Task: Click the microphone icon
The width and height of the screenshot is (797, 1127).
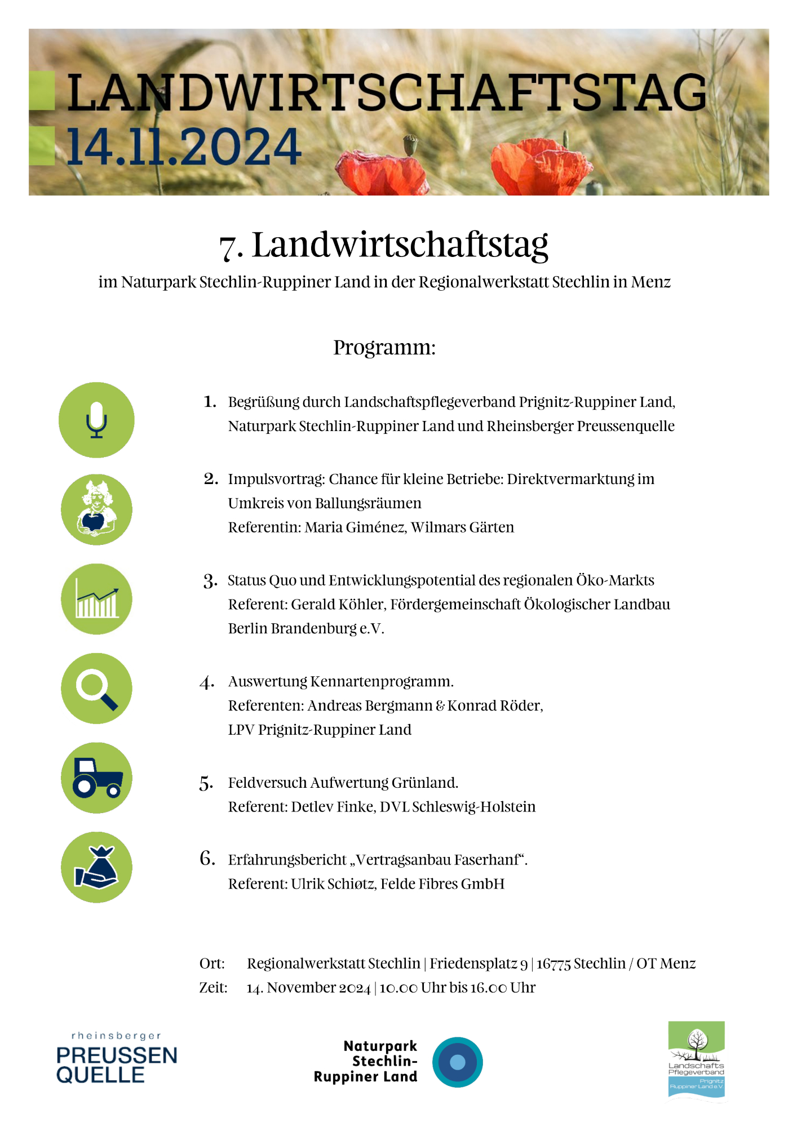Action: [x=96, y=420]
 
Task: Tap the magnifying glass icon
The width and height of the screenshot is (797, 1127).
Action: [x=96, y=689]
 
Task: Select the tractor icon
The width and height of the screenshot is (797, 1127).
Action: [x=96, y=778]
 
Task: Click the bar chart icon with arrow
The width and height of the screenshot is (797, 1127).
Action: [x=96, y=599]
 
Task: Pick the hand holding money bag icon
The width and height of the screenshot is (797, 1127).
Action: [x=96, y=867]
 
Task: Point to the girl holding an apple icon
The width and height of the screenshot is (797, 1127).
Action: [x=96, y=509]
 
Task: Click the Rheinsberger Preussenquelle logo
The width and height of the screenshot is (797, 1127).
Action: [x=117, y=1060]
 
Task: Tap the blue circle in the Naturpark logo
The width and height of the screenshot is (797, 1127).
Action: [x=457, y=1062]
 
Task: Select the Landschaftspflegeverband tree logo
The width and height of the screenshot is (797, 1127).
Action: [x=696, y=1059]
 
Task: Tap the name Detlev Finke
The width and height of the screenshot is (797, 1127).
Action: [x=333, y=807]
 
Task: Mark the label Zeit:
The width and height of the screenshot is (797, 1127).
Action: [x=213, y=988]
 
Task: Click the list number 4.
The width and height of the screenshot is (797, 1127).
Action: [x=207, y=682]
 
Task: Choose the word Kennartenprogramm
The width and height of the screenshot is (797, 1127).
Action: [x=382, y=682]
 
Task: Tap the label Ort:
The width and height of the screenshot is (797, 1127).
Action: [x=212, y=964]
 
